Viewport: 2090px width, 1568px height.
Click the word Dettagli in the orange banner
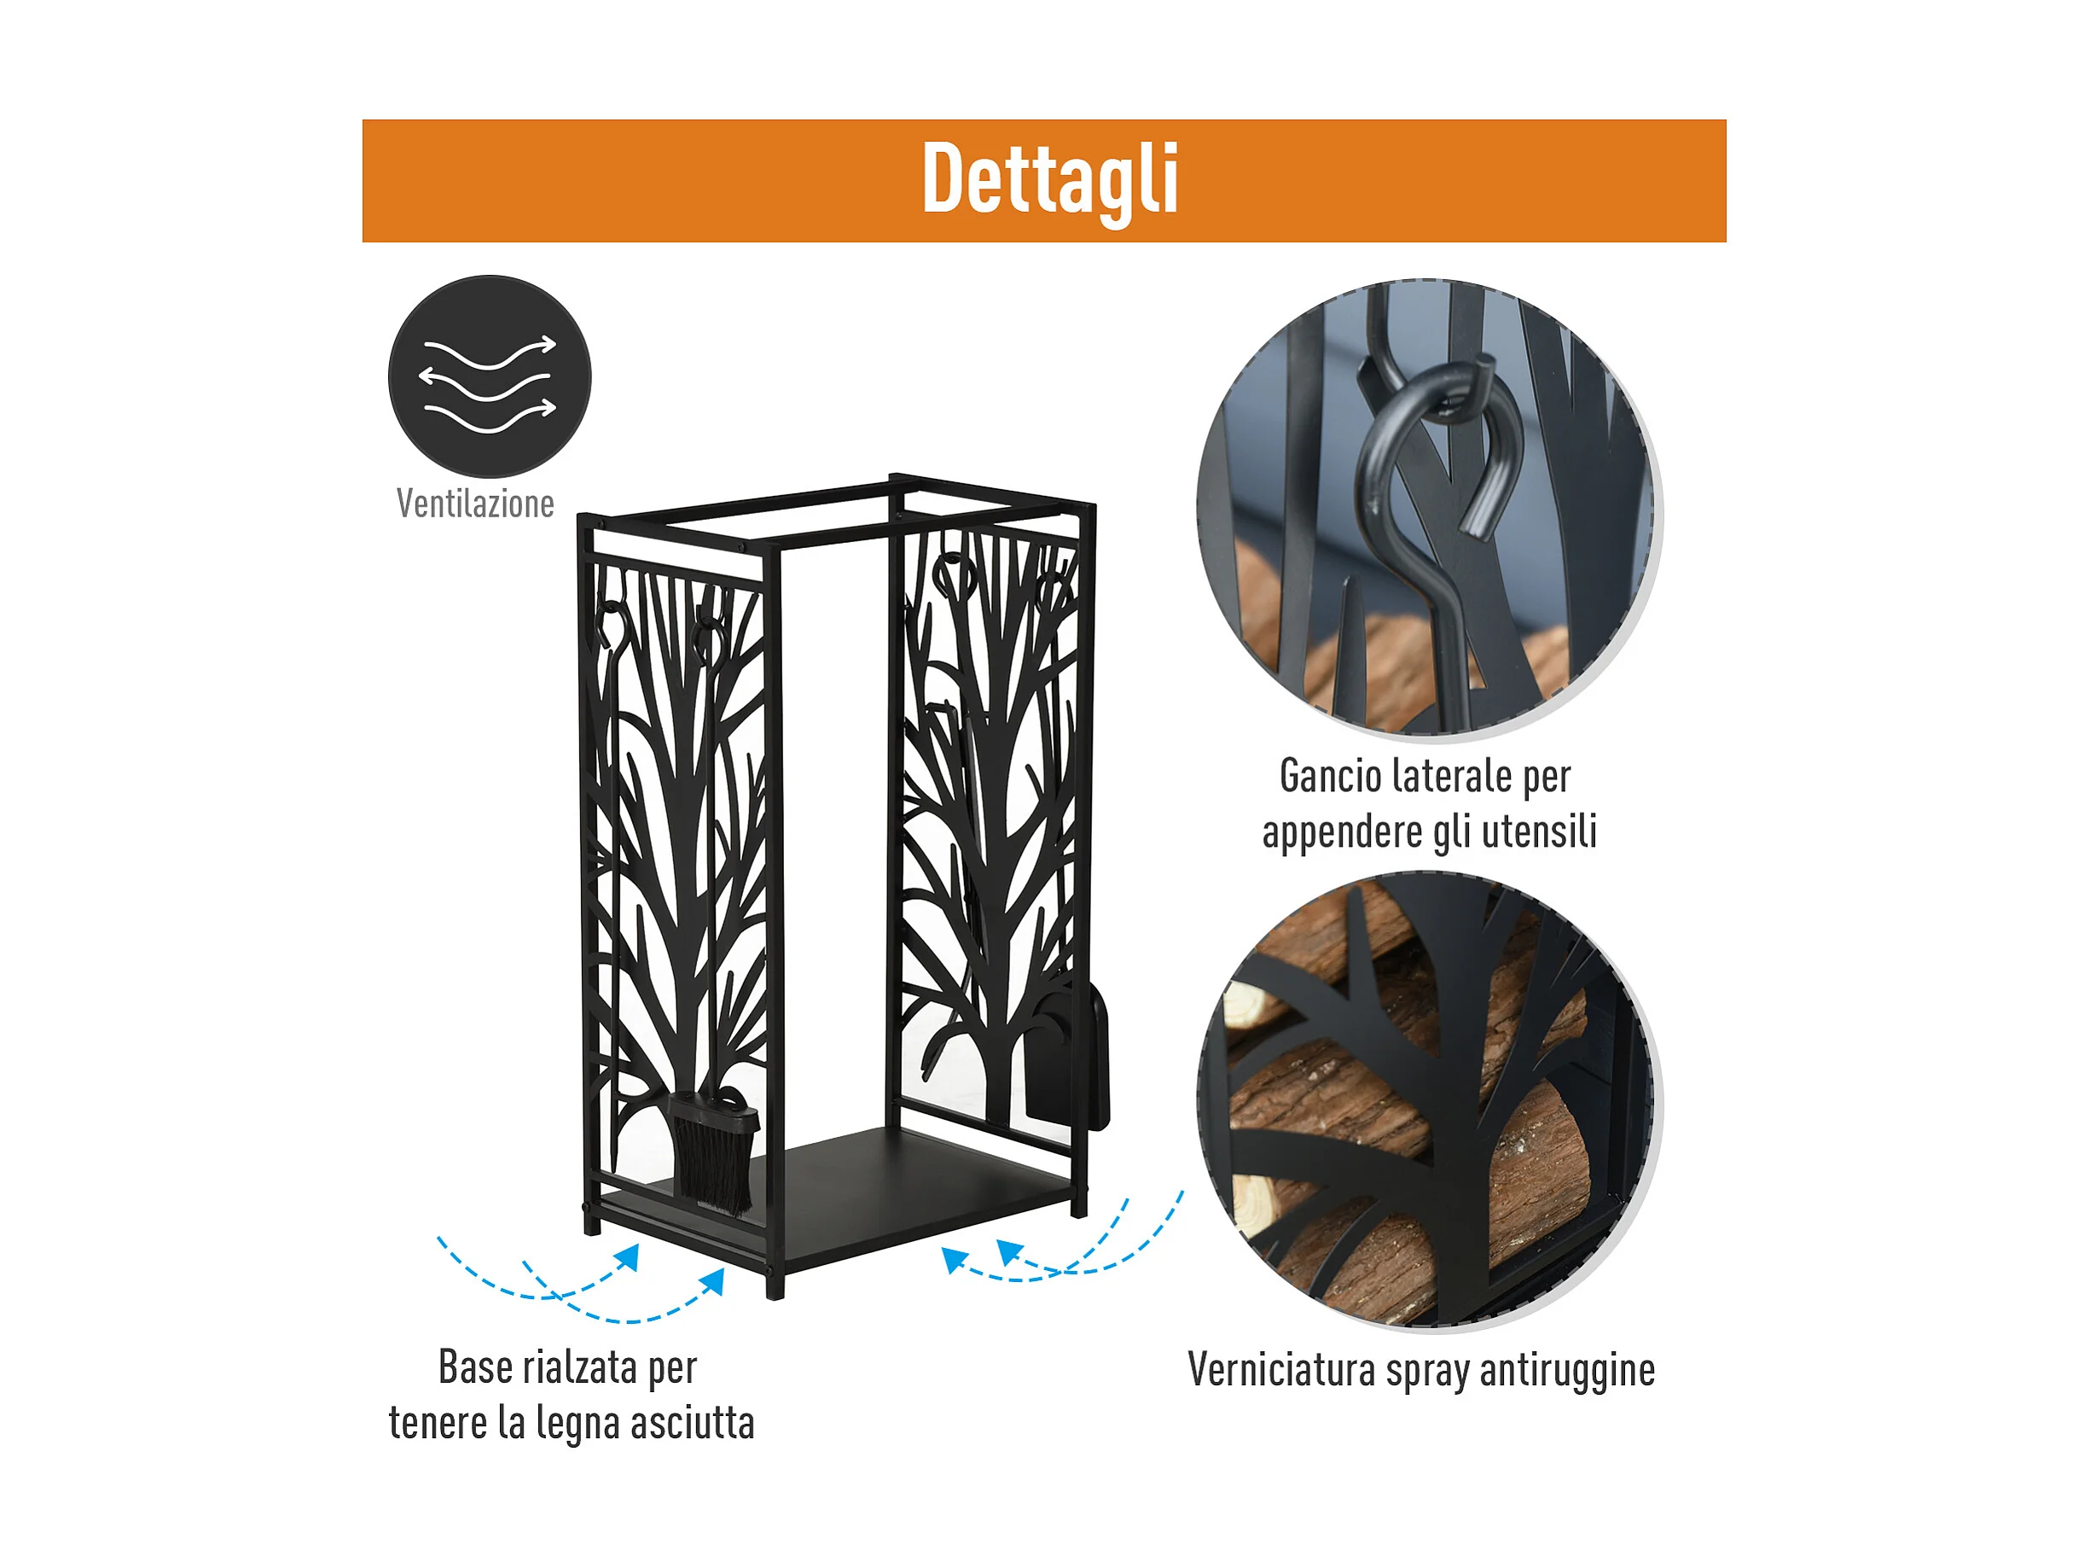[1050, 179]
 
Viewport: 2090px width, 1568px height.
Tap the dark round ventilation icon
[490, 376]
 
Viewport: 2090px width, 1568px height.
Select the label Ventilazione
[475, 504]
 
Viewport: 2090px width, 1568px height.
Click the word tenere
[438, 1425]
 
